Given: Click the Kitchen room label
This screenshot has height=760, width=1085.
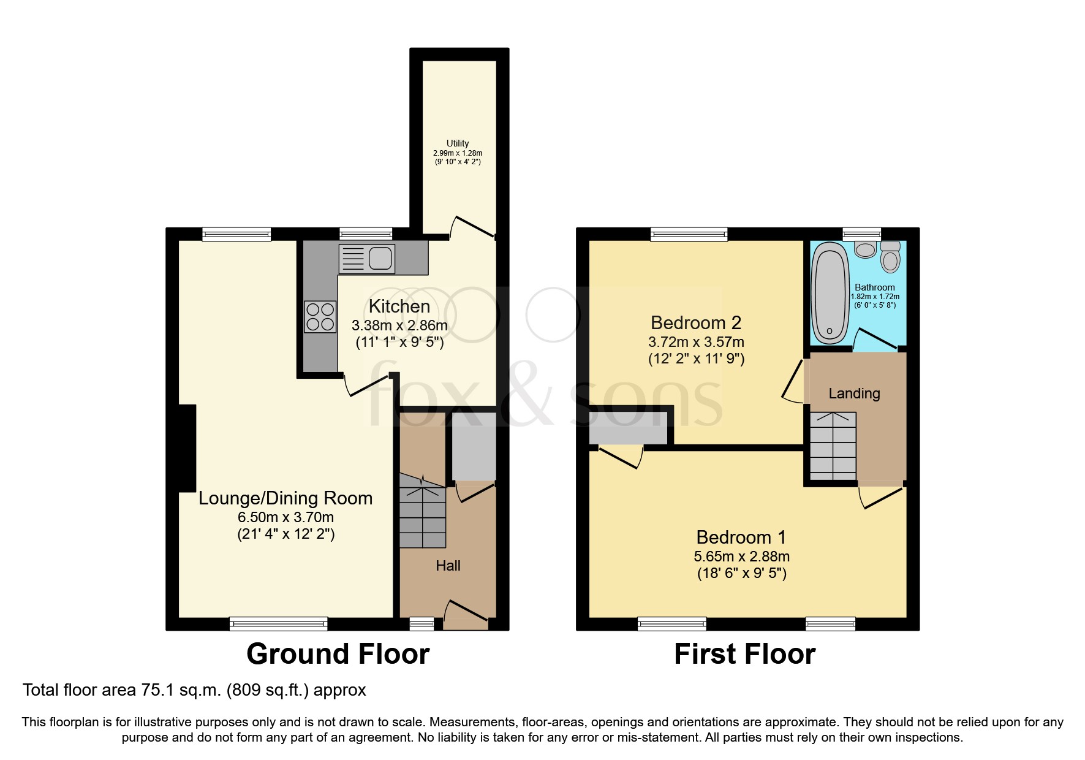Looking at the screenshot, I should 399,306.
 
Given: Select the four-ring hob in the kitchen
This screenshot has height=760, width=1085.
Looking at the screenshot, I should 320,317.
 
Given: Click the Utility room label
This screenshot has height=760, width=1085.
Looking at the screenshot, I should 458,143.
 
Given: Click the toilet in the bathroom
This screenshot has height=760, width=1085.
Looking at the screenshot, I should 890,257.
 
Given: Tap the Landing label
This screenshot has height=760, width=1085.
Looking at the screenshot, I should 854,393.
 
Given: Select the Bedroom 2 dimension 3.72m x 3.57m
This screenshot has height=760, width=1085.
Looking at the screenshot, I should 696,342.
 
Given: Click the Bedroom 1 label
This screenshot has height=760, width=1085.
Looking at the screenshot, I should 741,538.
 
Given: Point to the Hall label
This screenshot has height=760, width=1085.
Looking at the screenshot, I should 448,566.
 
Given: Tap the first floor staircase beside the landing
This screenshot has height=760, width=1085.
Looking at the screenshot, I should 833,446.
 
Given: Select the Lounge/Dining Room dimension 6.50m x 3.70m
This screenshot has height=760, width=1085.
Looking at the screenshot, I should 285,517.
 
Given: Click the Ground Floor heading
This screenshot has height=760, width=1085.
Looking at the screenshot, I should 338,654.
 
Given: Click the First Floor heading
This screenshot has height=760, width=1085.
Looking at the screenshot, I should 744,654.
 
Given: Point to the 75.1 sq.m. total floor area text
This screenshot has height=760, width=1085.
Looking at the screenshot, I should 194,690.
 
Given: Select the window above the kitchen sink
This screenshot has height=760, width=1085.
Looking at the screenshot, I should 366,234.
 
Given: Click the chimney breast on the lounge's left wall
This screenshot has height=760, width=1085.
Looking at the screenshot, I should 187,447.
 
